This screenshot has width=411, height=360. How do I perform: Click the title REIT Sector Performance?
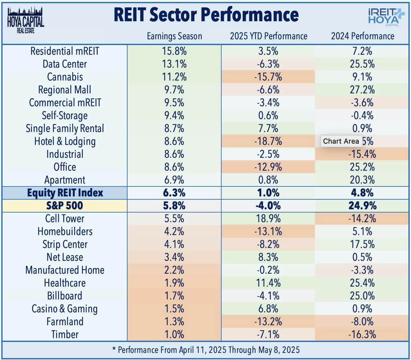(206, 15)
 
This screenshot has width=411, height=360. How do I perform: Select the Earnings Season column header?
(174, 36)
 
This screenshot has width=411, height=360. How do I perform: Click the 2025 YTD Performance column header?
(268, 36)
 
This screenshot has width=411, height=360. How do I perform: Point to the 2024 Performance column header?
(362, 36)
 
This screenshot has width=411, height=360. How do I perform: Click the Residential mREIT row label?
(65, 51)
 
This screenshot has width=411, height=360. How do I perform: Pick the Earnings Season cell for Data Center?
(174, 64)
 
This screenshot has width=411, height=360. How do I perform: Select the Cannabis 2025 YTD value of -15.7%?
(268, 77)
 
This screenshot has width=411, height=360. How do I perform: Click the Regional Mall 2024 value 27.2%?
(362, 90)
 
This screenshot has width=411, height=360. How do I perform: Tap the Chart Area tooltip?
(341, 141)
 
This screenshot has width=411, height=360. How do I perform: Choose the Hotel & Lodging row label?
(65, 141)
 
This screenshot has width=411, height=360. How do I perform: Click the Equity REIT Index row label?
(65, 193)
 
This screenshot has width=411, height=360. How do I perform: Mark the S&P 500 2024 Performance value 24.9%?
(362, 206)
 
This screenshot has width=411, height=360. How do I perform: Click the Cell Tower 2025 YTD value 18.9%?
(268, 219)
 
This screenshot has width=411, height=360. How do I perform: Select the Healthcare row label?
(65, 283)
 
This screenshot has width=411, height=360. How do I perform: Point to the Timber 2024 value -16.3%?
(362, 335)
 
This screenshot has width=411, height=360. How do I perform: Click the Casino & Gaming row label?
(65, 309)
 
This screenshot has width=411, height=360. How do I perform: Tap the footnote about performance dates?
(206, 350)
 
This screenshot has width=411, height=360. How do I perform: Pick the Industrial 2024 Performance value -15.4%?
(362, 154)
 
